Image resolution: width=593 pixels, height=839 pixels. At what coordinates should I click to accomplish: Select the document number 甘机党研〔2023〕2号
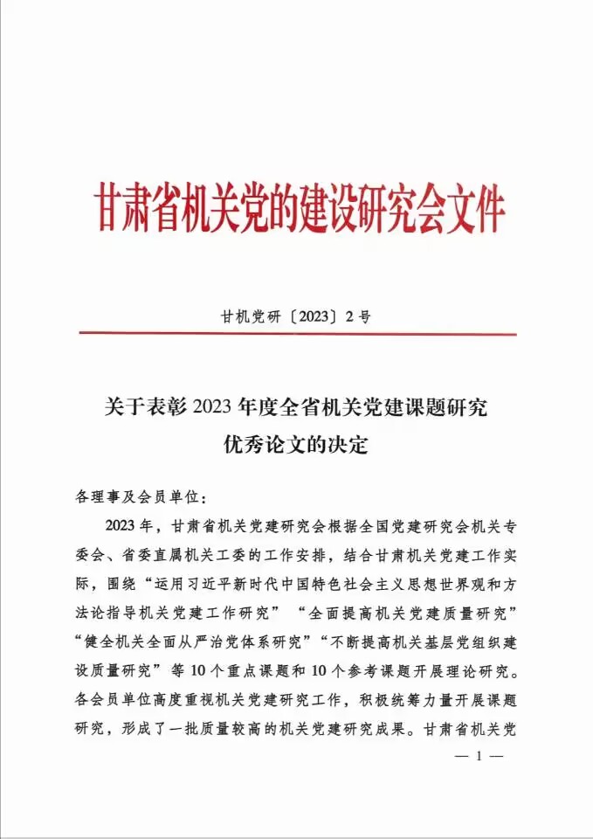coord(297,316)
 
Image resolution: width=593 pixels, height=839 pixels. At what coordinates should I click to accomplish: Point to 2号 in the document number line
coord(359,316)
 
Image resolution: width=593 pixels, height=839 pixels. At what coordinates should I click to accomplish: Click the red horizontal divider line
coord(297,333)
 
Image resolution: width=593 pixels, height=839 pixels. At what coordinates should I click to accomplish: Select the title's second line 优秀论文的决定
coord(297,445)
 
